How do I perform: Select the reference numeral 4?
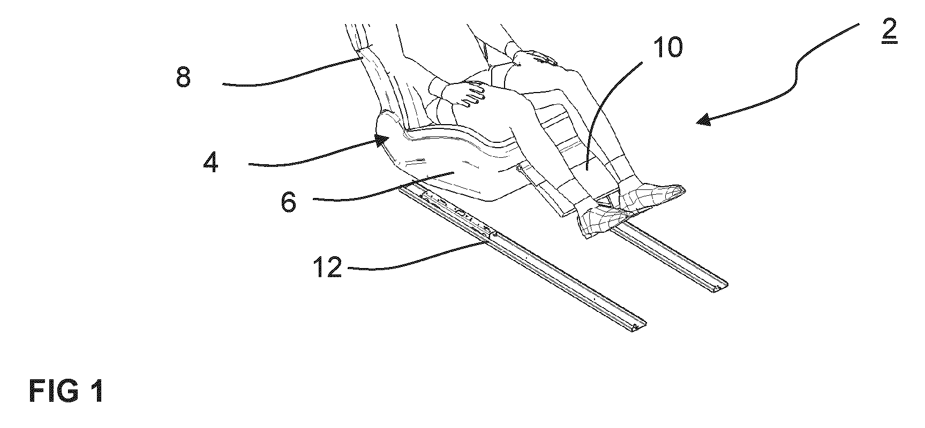pyautogui.click(x=210, y=162)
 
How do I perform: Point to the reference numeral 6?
pyautogui.click(x=289, y=203)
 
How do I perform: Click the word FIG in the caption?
pyautogui.click(x=52, y=392)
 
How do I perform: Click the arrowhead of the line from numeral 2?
pyautogui.click(x=705, y=120)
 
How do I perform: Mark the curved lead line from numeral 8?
pyautogui.click(x=292, y=75)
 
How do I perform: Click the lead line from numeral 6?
pyautogui.click(x=383, y=188)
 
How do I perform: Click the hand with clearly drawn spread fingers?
pyautogui.click(x=465, y=91)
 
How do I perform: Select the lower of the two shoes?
pyautogui.click(x=603, y=220)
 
